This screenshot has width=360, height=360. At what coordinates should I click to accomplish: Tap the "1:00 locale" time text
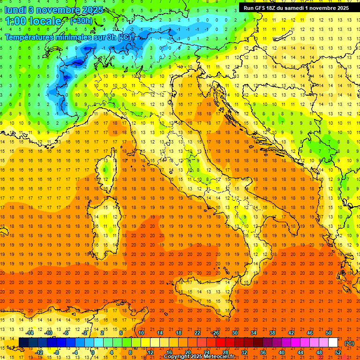[33, 21]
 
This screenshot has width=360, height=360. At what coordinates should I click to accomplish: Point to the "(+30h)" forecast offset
[81, 21]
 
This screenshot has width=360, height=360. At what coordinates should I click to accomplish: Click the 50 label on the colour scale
[329, 333]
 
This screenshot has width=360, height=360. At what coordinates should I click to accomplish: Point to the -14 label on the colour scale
[30, 333]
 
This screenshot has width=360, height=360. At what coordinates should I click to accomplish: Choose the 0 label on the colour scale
[93, 352]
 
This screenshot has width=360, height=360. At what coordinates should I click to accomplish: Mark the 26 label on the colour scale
[216, 333]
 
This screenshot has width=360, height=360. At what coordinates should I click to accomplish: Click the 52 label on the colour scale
[338, 352]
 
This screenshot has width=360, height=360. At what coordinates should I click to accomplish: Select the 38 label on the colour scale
[272, 333]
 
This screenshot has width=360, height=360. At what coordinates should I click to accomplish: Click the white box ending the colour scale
[333, 343]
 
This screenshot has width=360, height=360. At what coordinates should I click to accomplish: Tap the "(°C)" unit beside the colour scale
[349, 343]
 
